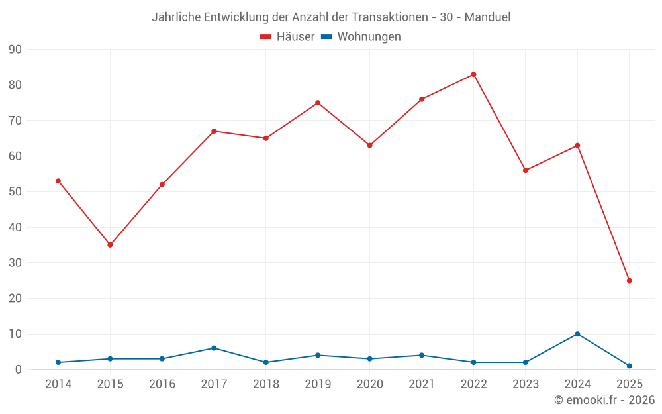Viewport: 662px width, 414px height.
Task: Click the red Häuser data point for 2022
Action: pyautogui.click(x=473, y=74)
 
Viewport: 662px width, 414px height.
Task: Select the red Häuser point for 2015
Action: pyautogui.click(x=110, y=245)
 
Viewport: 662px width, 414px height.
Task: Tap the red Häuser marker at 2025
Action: pyautogui.click(x=629, y=281)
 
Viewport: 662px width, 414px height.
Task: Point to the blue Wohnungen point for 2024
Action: pyautogui.click(x=577, y=334)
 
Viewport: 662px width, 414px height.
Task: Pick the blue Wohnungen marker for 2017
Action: pyautogui.click(x=214, y=348)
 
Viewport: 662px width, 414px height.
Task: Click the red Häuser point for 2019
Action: pyautogui.click(x=318, y=103)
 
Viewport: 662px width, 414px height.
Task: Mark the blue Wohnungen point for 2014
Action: pyautogui.click(x=58, y=362)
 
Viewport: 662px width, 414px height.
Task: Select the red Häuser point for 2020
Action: pyautogui.click(x=369, y=146)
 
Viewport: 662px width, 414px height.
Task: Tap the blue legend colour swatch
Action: pyautogui.click(x=326, y=37)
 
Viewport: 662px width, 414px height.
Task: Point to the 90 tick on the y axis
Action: pyautogui.click(x=15, y=50)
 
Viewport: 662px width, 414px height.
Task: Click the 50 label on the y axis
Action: pyautogui.click(x=15, y=192)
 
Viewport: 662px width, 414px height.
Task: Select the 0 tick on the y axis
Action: pyautogui.click(x=19, y=370)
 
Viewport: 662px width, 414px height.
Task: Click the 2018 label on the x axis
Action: pyautogui.click(x=265, y=384)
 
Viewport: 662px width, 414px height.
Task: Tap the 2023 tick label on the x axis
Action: pyautogui.click(x=526, y=384)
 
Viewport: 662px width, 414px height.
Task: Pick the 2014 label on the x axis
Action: pyautogui.click(x=58, y=384)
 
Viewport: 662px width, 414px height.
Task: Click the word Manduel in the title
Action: pyautogui.click(x=487, y=17)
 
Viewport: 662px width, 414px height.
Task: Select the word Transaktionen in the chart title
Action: pyautogui.click(x=387, y=17)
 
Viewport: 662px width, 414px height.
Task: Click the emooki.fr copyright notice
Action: pyautogui.click(x=604, y=400)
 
